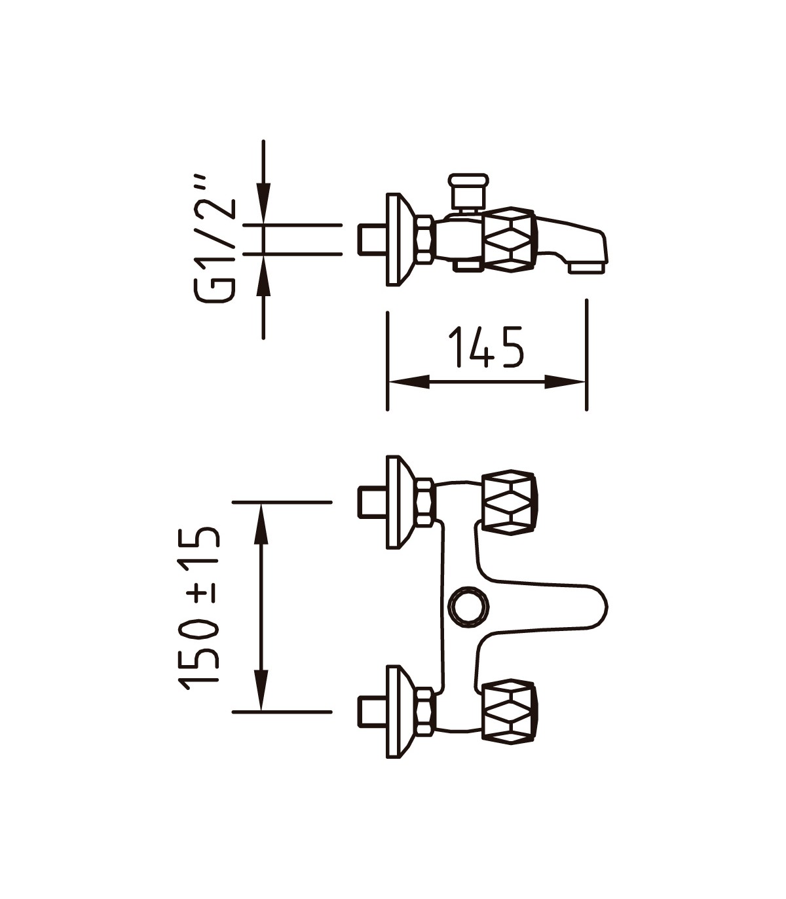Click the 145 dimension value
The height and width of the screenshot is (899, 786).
[485, 347]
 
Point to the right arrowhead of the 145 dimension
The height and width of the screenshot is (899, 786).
[565, 382]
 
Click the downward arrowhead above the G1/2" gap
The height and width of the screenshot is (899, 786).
[263, 203]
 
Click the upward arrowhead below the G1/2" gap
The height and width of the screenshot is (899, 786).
[263, 275]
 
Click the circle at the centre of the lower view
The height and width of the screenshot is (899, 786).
[468, 606]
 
